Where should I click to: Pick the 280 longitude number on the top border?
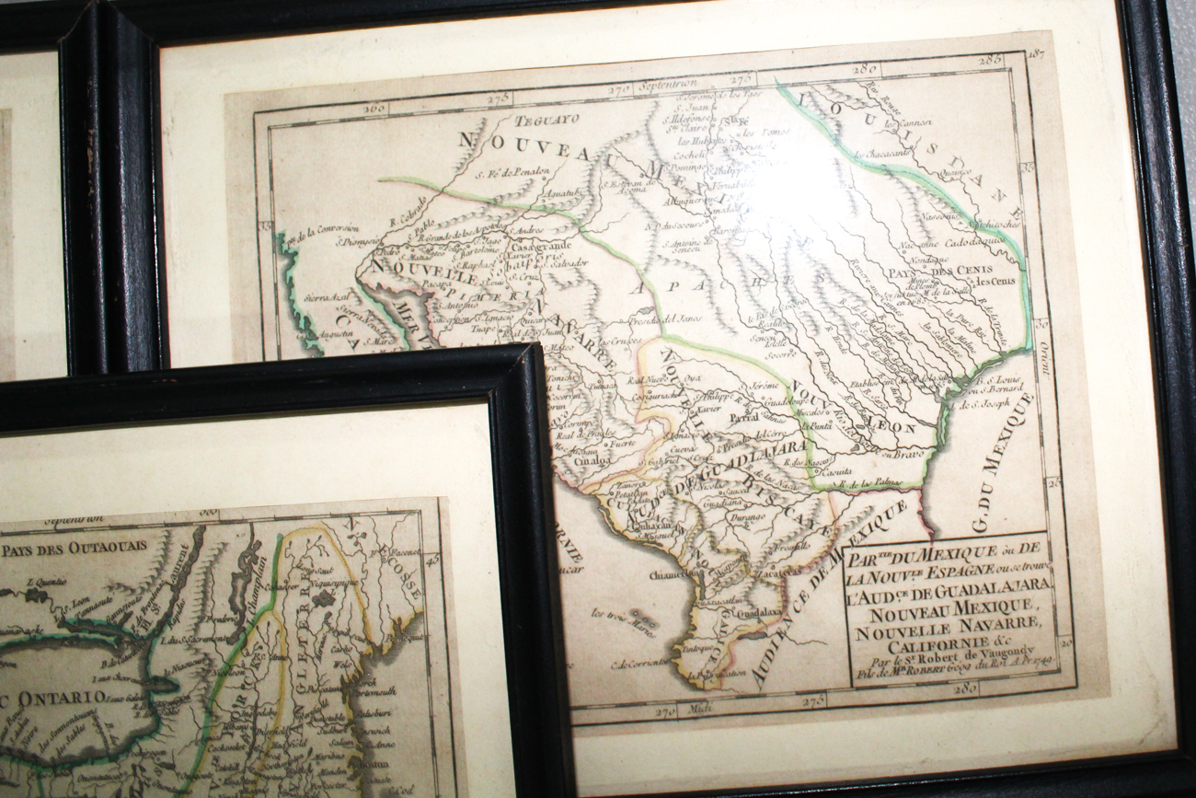tap(864, 68)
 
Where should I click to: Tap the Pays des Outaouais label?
tap(74, 548)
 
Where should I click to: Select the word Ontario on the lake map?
tap(66, 698)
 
